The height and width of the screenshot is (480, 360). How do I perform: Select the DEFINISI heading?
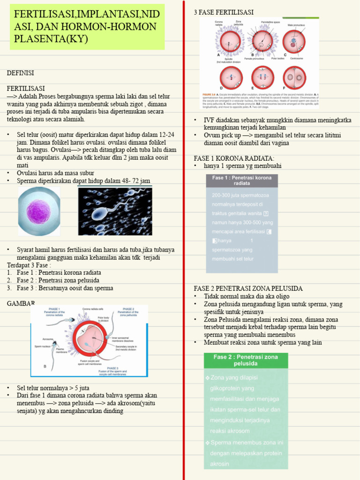coord(20,73)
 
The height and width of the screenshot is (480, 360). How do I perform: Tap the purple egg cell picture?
coord(39,210)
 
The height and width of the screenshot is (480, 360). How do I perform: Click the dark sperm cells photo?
coord(115,211)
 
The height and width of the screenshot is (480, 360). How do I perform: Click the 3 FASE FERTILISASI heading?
coord(224,12)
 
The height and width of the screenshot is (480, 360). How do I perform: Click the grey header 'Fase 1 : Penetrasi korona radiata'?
coord(242,180)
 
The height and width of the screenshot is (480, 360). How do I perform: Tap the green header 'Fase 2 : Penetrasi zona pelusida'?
coord(246,360)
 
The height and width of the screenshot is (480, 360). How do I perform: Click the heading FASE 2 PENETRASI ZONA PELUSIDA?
coord(248,288)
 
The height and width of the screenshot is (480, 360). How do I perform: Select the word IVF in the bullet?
coord(209,120)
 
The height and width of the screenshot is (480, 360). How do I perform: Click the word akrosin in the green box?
coord(220,464)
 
